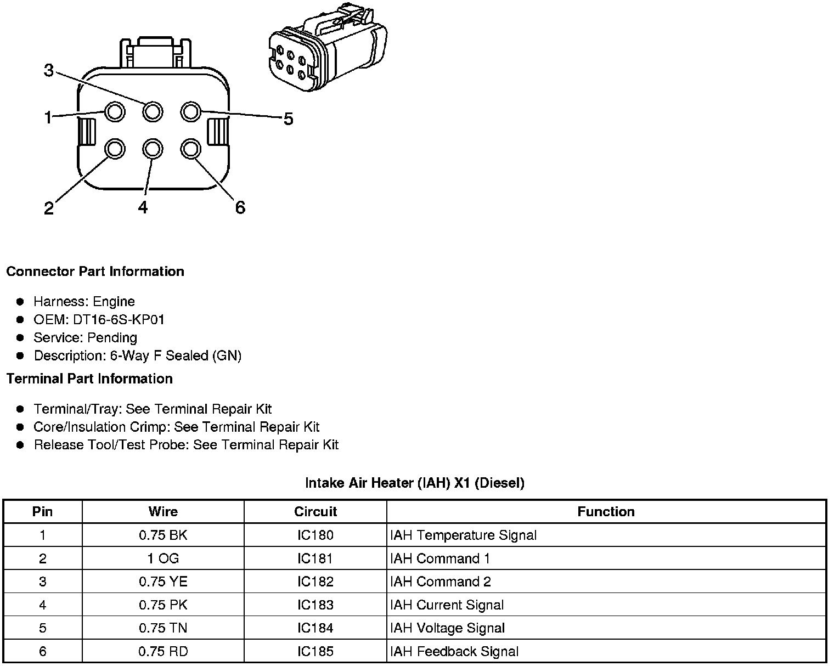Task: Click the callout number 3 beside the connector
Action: [49, 70]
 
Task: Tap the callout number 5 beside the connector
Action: [288, 118]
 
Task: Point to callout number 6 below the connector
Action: [240, 207]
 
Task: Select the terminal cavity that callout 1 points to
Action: [115, 112]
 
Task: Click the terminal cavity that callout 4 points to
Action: [152, 149]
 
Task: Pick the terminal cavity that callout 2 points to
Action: [115, 149]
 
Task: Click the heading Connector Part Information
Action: [95, 272]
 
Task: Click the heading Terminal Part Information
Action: [89, 379]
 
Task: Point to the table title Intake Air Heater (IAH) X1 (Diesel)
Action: [415, 483]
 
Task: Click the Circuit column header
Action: [315, 511]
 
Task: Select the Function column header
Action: [606, 511]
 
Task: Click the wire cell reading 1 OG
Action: [163, 558]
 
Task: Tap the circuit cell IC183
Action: [315, 605]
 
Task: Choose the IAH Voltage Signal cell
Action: [447, 628]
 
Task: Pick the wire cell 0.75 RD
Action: [163, 651]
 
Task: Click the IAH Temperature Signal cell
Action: [463, 535]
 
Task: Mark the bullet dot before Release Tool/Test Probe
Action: [20, 445]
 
